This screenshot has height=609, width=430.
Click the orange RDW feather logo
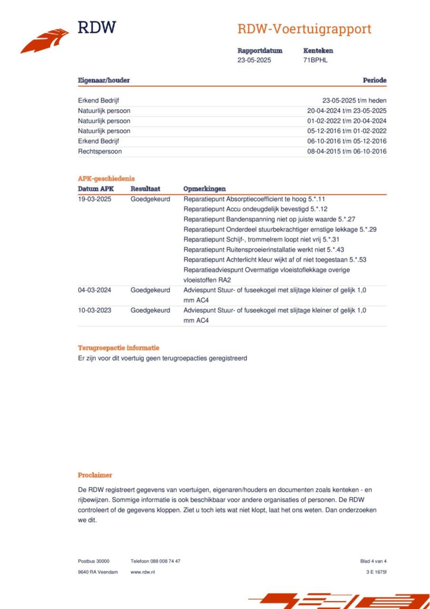click(45, 41)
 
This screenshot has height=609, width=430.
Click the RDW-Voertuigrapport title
click(304, 29)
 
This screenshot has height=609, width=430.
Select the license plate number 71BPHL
click(315, 60)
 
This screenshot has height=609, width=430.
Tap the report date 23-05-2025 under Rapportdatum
click(254, 60)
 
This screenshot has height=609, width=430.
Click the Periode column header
click(374, 80)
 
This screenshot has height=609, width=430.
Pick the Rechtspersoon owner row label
click(100, 151)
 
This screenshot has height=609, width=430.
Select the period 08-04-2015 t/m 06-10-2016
click(347, 151)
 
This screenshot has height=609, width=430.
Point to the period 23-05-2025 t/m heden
click(354, 100)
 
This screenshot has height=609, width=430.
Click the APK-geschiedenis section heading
click(106, 178)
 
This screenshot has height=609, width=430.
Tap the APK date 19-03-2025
click(94, 199)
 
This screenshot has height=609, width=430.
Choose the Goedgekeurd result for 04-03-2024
click(150, 290)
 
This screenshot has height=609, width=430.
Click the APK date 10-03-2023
click(94, 310)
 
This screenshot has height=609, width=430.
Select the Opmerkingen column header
click(204, 189)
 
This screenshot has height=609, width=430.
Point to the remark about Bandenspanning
click(269, 219)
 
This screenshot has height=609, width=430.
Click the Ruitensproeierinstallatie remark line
click(263, 250)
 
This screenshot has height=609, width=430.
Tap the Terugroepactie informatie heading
click(118, 348)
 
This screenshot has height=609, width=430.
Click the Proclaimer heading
click(95, 475)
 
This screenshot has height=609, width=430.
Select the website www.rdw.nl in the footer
click(142, 572)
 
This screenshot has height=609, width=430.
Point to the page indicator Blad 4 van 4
click(373, 561)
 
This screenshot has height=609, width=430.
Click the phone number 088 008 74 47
click(165, 561)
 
